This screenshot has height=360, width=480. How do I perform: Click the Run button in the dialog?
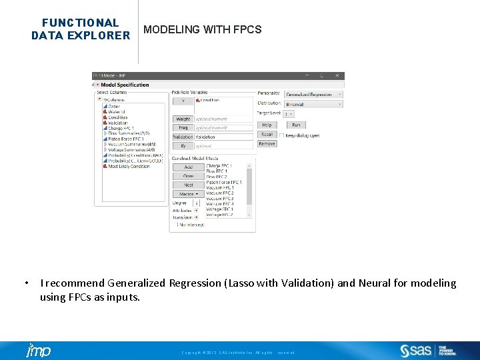[296, 125]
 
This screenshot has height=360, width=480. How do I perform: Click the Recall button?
[267, 134]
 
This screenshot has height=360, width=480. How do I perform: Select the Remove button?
[267, 143]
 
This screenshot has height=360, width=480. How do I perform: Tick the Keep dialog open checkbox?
[282, 135]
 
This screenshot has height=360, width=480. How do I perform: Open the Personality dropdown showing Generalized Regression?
[313, 95]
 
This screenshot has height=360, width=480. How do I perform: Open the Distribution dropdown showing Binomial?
[313, 104]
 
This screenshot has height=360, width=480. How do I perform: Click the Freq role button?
[183, 127]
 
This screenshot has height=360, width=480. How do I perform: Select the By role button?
[183, 145]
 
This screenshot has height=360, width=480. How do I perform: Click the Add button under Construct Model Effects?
[189, 167]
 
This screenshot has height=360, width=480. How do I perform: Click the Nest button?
[189, 185]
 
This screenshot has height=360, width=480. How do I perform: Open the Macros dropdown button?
[189, 193]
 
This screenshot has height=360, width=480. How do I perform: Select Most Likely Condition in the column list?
[129, 166]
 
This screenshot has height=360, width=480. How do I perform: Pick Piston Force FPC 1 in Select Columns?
[126, 139]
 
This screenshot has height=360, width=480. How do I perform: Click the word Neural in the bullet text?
[374, 283]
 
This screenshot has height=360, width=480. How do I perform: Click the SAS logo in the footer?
[417, 351]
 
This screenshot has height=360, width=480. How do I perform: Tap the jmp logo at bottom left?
[38, 351]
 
